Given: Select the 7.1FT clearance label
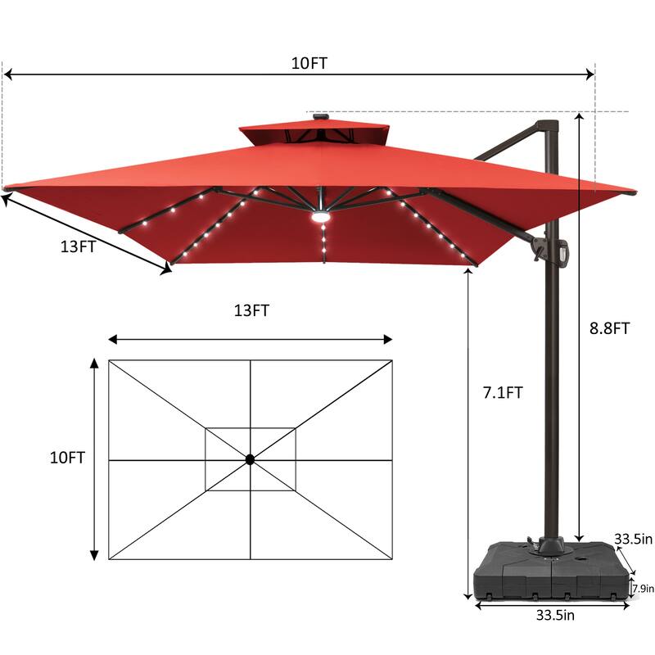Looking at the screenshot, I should click(503, 393).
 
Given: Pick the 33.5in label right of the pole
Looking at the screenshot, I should click(633, 539).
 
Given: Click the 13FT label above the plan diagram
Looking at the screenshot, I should click(251, 310).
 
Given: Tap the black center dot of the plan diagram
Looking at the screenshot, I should click(250, 460).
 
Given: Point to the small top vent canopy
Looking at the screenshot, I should click(314, 133).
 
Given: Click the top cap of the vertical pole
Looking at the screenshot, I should click(547, 126).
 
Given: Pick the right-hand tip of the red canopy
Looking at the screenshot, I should click(632, 194).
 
